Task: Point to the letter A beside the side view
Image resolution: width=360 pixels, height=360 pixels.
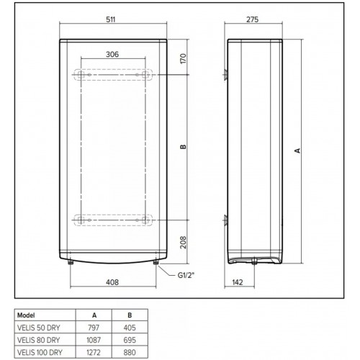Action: point(298,151)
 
